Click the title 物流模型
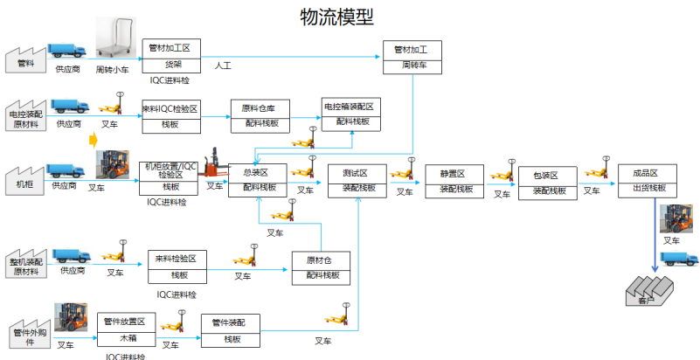(x=336, y=17)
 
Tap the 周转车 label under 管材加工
(x=412, y=66)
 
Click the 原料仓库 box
(x=259, y=108)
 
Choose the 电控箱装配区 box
(x=349, y=107)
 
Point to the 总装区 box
(x=258, y=172)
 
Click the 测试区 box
(x=357, y=172)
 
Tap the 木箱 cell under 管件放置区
(x=128, y=338)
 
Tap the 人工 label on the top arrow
(x=222, y=66)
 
